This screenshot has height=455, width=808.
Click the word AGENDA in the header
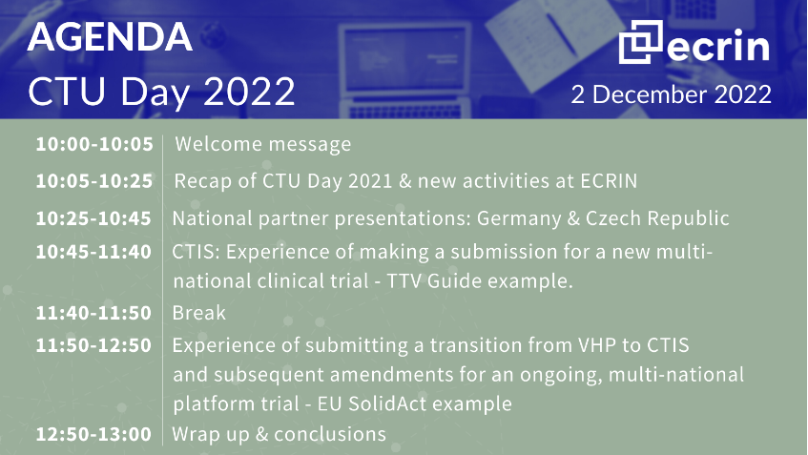coord(110,37)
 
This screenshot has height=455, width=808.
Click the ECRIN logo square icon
coord(640,42)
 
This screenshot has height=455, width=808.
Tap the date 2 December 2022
coord(671,94)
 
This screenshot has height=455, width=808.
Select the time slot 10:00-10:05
coord(94,144)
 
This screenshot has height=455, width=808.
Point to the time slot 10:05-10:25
coord(94,181)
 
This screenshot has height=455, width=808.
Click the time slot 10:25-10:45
coord(93,218)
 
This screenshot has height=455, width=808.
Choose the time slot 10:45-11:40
coord(93,252)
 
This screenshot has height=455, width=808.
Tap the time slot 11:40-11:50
coord(93,313)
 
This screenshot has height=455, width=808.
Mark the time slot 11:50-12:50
coord(93,345)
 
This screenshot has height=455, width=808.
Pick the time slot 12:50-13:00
coord(93,434)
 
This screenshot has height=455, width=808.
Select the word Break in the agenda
coord(199,313)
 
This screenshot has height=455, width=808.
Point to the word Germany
coord(519,219)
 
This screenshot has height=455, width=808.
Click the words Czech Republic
coord(657,218)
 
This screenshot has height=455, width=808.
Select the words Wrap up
coord(211,435)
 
